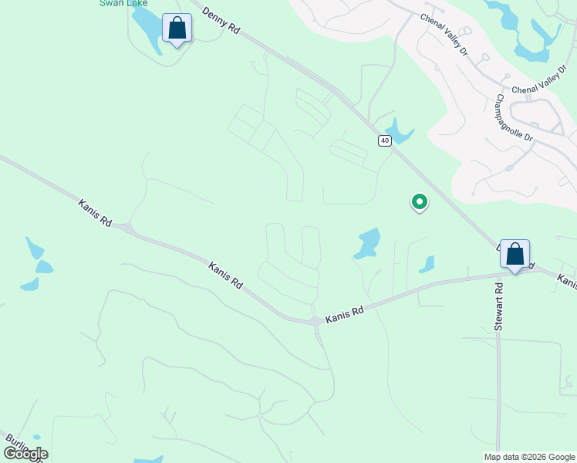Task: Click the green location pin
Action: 419,202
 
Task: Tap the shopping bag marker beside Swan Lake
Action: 177,29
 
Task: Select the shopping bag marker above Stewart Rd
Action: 515,255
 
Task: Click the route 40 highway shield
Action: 385,140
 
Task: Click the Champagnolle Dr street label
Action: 515,117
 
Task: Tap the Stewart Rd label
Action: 499,307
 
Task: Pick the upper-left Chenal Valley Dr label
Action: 444,34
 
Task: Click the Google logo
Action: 26,454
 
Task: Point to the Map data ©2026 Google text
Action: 528,456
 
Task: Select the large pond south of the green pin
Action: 368,244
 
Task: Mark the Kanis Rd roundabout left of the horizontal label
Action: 315,321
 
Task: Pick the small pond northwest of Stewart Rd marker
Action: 427,265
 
